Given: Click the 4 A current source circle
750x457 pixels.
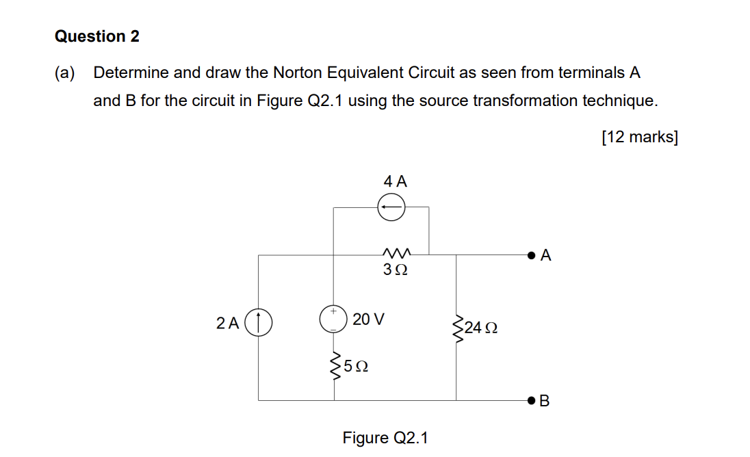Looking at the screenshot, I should pyautogui.click(x=391, y=207).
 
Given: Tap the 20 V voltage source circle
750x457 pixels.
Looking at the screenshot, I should pyautogui.click(x=333, y=319).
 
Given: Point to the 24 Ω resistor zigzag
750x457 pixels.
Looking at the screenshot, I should pyautogui.click(x=456, y=328).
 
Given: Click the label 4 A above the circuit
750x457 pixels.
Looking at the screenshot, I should pyautogui.click(x=395, y=181).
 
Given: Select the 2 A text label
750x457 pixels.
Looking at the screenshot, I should pyautogui.click(x=227, y=322).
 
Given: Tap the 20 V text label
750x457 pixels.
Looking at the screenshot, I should pyautogui.click(x=369, y=319).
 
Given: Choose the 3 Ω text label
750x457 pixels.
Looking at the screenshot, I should pyautogui.click(x=396, y=270).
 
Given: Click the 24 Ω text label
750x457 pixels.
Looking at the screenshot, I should pyautogui.click(x=480, y=328).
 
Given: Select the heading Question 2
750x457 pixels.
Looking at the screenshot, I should pyautogui.click(x=97, y=37).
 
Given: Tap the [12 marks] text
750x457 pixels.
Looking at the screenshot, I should pyautogui.click(x=640, y=138).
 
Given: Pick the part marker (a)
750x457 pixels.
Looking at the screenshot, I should pyautogui.click(x=66, y=73).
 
